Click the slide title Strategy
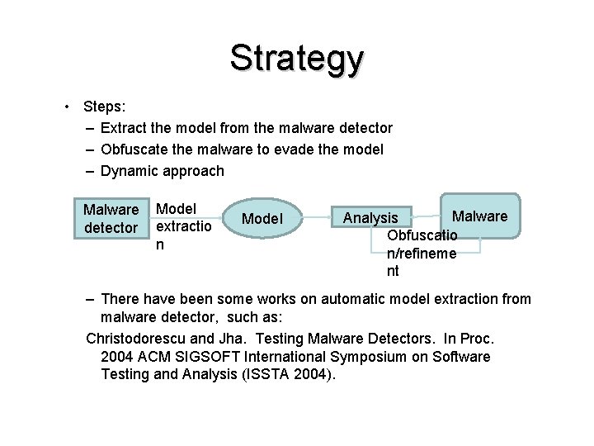(x=296, y=59)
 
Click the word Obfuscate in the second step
(x=137, y=149)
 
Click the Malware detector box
(x=111, y=218)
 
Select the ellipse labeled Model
(x=262, y=219)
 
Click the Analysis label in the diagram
(x=370, y=218)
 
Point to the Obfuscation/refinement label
(x=422, y=253)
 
